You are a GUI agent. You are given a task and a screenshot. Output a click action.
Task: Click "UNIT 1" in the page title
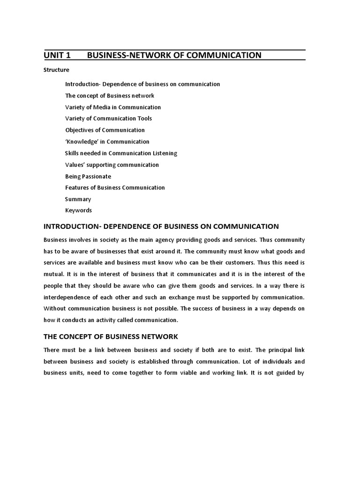[x=57, y=55]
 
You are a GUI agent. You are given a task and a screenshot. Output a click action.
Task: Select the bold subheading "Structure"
[x=56, y=70]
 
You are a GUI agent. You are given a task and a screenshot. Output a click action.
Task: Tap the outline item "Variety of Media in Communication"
[x=112, y=107]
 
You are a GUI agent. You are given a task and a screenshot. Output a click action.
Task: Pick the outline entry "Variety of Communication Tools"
[x=108, y=119]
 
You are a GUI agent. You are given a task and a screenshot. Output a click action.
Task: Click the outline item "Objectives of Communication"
[x=105, y=130]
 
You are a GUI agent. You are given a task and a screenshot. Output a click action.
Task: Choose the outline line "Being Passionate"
[x=88, y=176]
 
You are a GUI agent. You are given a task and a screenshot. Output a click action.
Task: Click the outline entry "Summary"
[x=78, y=199]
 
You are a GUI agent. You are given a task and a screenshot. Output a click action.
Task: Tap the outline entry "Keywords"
[x=78, y=210]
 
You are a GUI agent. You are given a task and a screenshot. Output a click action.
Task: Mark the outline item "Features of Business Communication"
[x=115, y=187]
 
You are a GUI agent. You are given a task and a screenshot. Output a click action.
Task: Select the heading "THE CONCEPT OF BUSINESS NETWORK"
[x=111, y=337]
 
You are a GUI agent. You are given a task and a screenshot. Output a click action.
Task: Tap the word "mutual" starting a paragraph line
[x=53, y=274]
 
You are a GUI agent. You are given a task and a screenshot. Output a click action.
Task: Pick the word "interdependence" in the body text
[x=66, y=297]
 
